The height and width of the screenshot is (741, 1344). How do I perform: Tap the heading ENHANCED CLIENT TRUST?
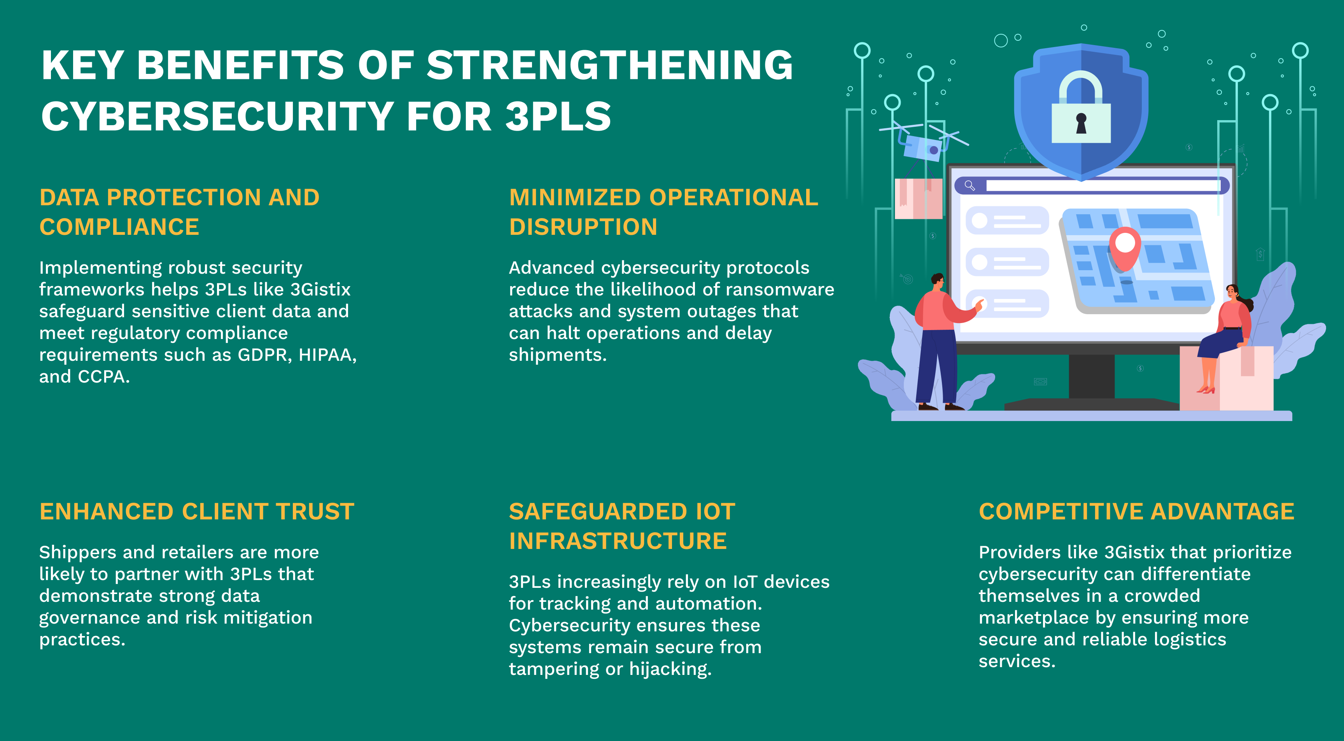197,512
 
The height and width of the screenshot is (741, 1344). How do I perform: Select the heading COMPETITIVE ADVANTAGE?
1136,512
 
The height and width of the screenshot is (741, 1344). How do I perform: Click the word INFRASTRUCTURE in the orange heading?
618,541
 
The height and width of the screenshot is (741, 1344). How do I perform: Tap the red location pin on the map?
1125,248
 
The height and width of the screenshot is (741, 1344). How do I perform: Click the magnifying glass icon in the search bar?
969,185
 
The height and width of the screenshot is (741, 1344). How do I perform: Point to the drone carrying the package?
924,141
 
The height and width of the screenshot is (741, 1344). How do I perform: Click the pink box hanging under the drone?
918,199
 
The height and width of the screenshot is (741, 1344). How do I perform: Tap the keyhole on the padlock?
1081,123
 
